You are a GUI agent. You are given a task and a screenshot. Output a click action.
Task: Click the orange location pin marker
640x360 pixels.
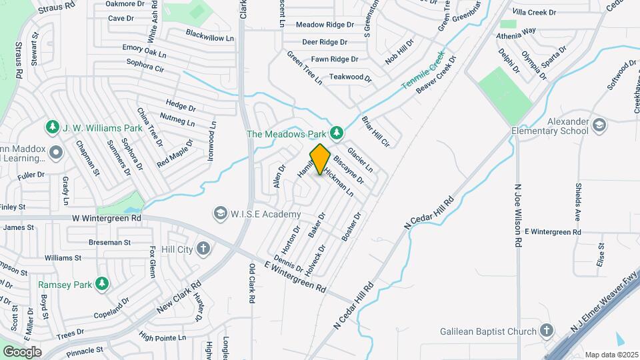320,159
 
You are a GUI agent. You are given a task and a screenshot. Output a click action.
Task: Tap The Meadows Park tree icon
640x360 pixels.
337,133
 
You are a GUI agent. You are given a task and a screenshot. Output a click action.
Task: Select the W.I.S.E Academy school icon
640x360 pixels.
219,213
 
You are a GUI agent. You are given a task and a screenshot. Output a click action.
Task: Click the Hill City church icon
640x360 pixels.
203,249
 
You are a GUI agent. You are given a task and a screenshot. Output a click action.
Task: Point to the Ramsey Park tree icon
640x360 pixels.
101,284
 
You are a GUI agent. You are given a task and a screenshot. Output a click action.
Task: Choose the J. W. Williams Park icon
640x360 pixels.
52,127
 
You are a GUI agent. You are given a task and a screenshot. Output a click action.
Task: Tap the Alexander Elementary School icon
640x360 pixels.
599,125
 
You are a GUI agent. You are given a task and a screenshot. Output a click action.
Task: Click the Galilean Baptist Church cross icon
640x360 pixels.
547,331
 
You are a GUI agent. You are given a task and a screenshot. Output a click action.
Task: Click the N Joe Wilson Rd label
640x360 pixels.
517,207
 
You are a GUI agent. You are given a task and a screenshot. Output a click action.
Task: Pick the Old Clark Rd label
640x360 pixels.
252,284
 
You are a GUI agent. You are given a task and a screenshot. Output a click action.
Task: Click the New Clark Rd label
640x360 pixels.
179,298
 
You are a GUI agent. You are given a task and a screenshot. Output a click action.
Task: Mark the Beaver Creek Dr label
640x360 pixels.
437,74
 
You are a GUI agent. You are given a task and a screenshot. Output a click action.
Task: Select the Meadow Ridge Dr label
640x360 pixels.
325,25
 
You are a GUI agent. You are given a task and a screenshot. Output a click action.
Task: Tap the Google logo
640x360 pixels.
22,351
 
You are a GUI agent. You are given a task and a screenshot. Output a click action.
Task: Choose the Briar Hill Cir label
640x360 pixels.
375,131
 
